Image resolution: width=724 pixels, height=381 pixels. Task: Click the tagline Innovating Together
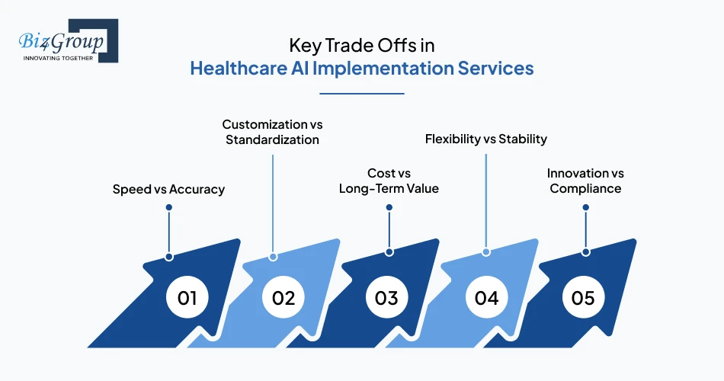(58, 57)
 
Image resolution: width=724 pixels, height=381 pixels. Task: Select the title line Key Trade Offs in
(361, 45)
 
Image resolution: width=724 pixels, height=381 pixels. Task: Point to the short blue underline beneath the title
(361, 94)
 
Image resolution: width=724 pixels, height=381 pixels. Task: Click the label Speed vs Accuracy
(168, 189)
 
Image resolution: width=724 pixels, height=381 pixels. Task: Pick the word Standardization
(272, 140)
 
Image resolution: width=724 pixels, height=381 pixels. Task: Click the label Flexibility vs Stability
(485, 139)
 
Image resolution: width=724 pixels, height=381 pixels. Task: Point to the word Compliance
(585, 188)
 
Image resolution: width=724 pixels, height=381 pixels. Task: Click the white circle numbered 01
(187, 297)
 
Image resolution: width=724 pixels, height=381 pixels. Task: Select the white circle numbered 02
(284, 297)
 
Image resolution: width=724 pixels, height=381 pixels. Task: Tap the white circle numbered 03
(386, 297)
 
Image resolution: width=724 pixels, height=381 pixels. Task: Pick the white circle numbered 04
(486, 297)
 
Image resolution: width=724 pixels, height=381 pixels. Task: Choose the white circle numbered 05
(583, 297)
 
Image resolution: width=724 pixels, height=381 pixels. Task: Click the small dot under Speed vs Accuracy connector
(168, 257)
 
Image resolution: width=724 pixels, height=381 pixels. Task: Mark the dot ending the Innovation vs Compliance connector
(585, 251)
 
